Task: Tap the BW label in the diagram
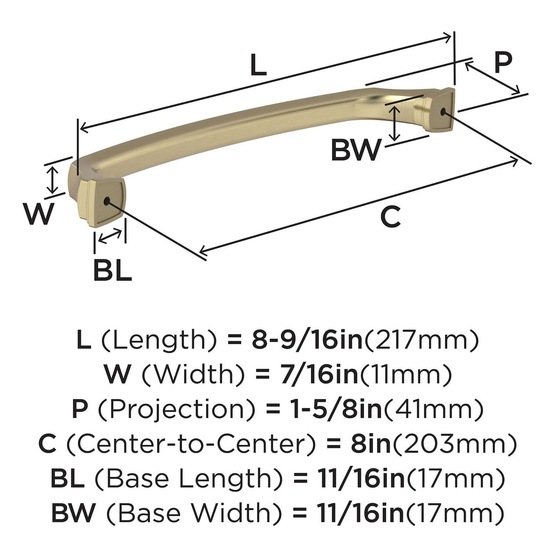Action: pos(356,150)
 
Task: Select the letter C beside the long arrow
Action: pos(390,217)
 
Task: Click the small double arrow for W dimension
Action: pos(52,180)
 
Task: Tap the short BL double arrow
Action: pos(110,236)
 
